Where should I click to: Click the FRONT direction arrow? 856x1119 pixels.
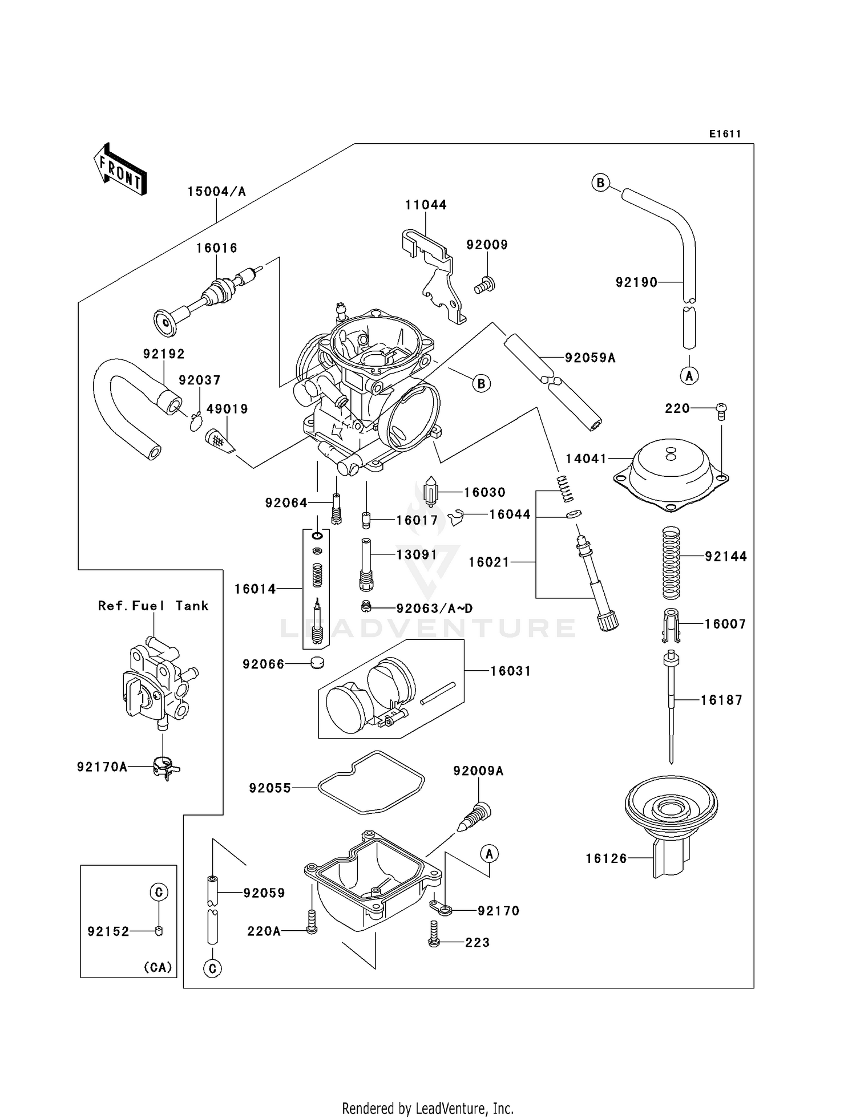click(x=120, y=169)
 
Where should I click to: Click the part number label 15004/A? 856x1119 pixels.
click(x=217, y=192)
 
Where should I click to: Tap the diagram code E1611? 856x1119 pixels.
click(x=725, y=134)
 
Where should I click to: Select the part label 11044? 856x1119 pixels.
click(x=426, y=205)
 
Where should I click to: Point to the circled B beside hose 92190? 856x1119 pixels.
click(x=600, y=183)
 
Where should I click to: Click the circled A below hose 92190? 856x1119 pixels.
click(x=689, y=376)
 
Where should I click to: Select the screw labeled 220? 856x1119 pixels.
click(x=721, y=411)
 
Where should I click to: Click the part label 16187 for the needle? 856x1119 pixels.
click(x=721, y=700)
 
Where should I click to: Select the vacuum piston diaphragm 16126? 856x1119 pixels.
click(x=671, y=816)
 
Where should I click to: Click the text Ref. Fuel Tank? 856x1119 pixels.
click(x=153, y=606)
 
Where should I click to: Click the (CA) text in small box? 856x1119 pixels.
click(x=158, y=967)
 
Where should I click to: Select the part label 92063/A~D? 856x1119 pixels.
click(x=434, y=609)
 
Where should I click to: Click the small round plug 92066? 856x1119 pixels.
click(x=317, y=663)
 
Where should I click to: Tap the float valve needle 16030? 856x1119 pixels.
click(x=431, y=493)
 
